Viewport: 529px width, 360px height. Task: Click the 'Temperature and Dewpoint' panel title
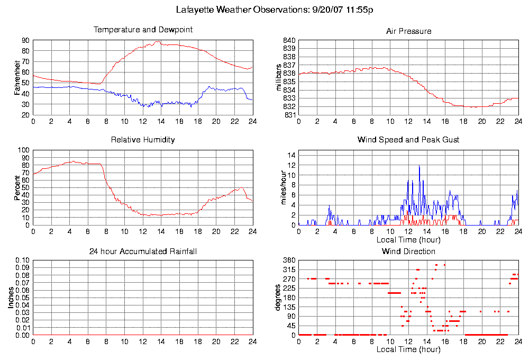pos(143,30)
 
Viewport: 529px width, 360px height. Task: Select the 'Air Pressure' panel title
pos(408,31)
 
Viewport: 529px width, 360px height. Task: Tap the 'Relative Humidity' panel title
pos(143,140)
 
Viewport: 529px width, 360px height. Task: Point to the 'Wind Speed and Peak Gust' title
pos(408,140)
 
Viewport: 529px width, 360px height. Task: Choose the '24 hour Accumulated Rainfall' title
pos(143,251)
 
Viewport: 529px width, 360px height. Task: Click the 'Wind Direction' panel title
pos(408,251)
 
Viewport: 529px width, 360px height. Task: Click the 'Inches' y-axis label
pos(11,298)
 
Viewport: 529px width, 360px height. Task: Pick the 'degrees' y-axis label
pos(278,298)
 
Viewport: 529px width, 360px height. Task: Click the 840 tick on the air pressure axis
pos(289,40)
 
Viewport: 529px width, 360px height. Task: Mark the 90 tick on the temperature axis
pos(25,40)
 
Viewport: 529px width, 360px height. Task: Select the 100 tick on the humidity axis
pos(24,150)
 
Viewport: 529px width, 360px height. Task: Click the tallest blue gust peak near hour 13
pos(419,166)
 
